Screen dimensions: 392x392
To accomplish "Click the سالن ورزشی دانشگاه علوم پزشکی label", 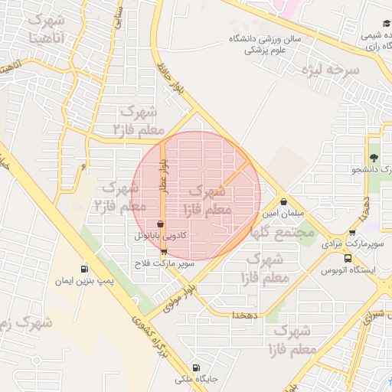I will point(260,44).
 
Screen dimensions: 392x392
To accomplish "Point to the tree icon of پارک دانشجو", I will point(374,156).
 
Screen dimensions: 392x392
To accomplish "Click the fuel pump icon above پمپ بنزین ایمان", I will point(83,269).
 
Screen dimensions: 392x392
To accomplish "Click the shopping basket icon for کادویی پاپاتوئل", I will point(159,224).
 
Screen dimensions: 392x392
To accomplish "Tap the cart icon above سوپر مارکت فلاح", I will point(164,252).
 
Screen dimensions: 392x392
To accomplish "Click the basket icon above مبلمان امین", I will point(285,202).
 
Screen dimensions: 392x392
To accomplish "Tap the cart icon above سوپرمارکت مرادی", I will point(351,234).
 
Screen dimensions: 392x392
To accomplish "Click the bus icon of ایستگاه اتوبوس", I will point(348,258).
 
